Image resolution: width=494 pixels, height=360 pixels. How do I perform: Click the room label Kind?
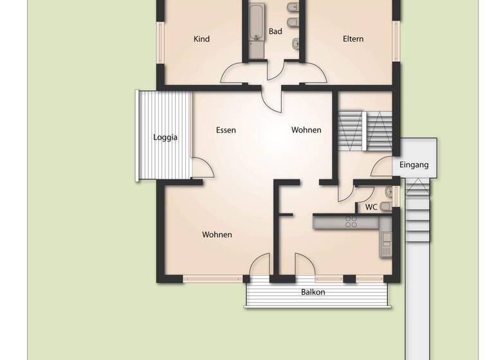click(x=202, y=39)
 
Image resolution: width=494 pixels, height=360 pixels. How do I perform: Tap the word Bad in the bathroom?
click(x=275, y=32)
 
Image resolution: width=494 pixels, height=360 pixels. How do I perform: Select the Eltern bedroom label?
click(x=353, y=39)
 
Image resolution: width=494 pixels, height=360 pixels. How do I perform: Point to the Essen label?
click(x=226, y=130)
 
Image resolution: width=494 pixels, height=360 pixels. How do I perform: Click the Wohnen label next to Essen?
click(x=306, y=130)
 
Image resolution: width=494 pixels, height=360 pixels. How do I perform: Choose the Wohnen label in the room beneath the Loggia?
click(x=217, y=235)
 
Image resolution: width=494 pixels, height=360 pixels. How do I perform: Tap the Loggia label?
click(x=165, y=138)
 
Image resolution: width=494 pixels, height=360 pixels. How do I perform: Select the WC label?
click(x=371, y=207)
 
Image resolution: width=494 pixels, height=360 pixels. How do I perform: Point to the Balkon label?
click(x=313, y=292)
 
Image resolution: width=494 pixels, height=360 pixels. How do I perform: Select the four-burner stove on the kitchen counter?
click(x=351, y=222)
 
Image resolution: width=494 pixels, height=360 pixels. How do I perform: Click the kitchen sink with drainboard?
click(x=386, y=242)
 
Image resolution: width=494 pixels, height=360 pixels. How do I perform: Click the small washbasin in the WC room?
click(x=388, y=191)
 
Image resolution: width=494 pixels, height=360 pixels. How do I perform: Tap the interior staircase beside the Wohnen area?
click(x=365, y=130)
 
